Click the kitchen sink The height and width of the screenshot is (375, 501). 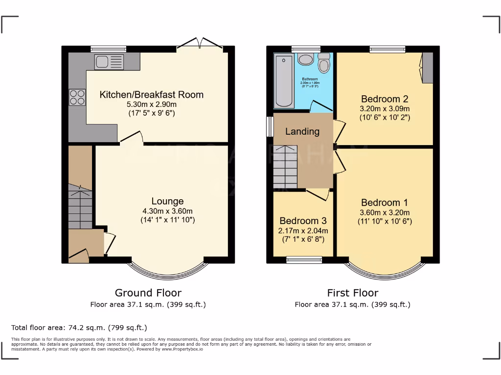point(109,62)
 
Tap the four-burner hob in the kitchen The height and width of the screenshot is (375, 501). point(77,97)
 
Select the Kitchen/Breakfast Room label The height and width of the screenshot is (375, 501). point(151,95)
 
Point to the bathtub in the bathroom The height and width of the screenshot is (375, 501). point(284,81)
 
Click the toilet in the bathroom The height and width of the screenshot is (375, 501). point(324,63)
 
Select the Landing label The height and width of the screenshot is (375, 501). point(302,131)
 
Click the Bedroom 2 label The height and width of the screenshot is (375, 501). point(385,99)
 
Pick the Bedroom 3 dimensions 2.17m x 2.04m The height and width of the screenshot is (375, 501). point(303,230)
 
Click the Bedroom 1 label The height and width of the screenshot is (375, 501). point(385,203)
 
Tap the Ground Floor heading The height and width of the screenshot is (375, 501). point(148,293)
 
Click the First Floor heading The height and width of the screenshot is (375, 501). point(352,293)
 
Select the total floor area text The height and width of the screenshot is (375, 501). point(79,328)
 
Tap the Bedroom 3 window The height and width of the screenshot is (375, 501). point(304,260)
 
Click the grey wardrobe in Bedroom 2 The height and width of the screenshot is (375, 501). point(428,68)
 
